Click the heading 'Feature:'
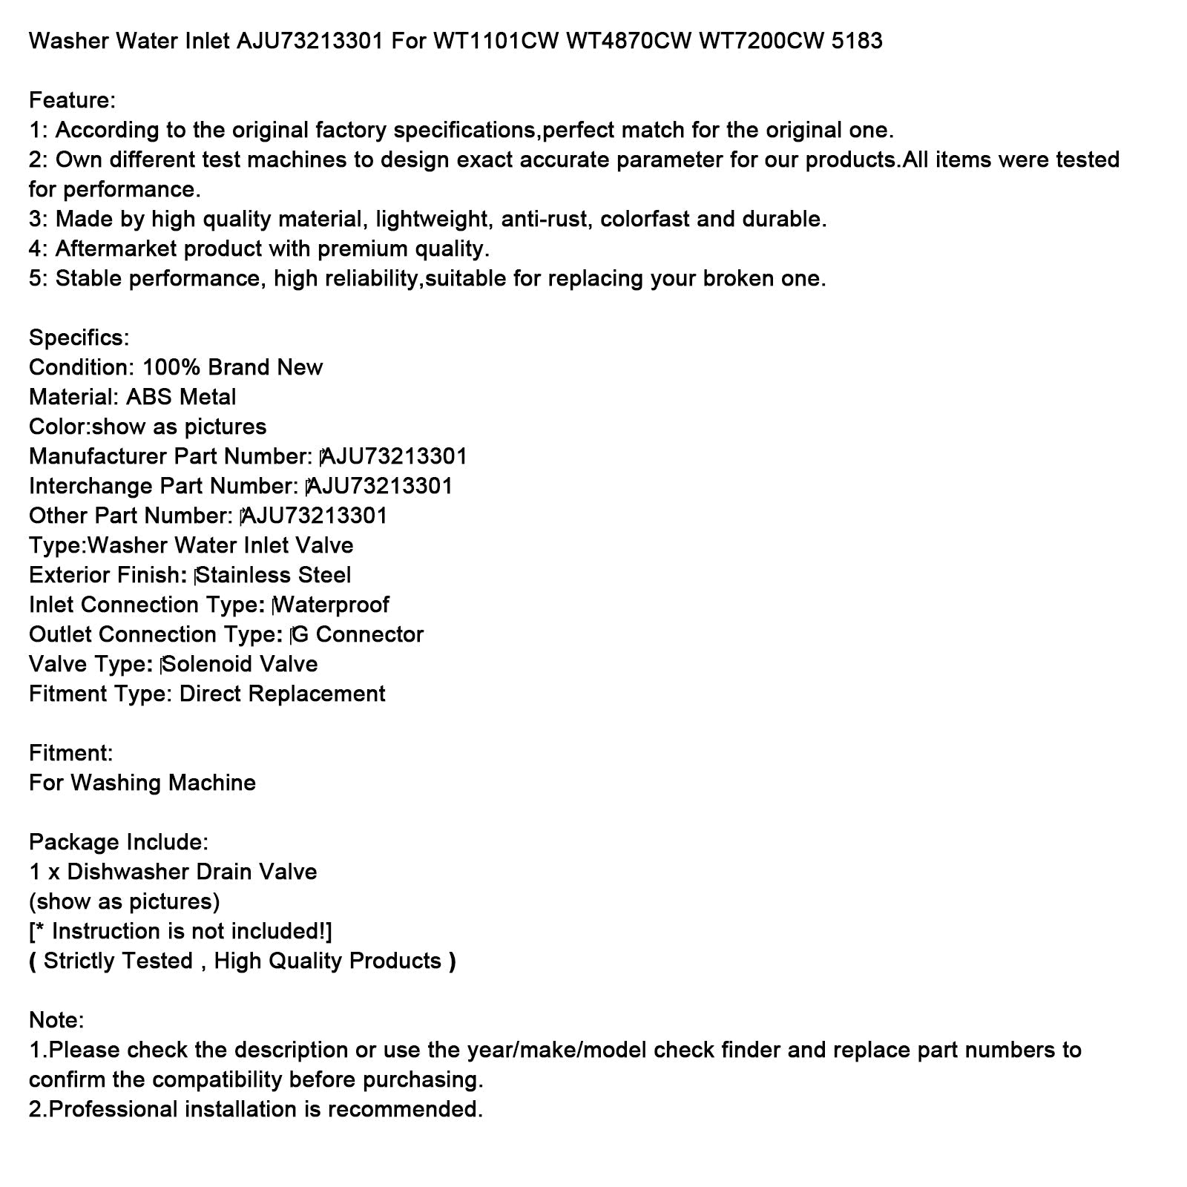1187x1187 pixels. (72, 100)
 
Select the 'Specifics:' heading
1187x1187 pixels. (79, 338)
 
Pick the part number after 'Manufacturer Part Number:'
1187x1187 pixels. (395, 456)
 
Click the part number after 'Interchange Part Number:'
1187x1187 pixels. (380, 486)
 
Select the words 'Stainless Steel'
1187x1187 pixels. (274, 575)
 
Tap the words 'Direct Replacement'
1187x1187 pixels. (282, 694)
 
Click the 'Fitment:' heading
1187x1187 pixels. (70, 753)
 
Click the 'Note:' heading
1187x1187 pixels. (56, 1020)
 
